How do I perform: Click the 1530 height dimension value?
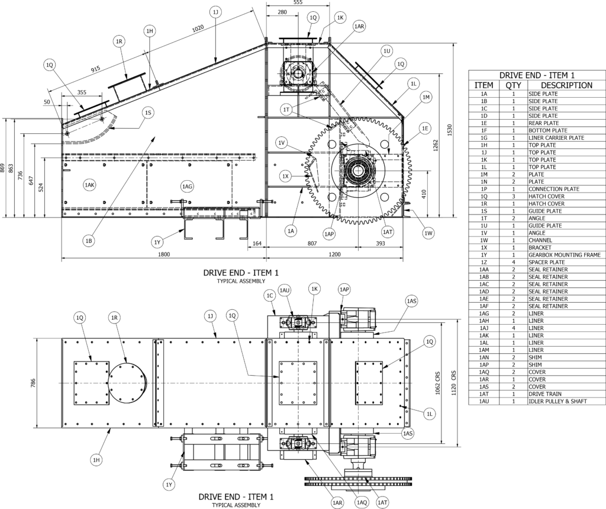[449, 130]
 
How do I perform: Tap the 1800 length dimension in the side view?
[165, 254]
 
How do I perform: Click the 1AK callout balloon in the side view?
[89, 185]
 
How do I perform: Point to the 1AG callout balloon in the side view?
[187, 187]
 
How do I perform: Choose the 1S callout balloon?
[148, 113]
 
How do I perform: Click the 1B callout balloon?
[89, 241]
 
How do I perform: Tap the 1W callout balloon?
[428, 233]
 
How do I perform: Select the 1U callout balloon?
[387, 51]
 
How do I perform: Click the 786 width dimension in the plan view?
[33, 383]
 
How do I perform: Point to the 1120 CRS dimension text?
[454, 383]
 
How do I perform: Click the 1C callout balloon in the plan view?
[270, 296]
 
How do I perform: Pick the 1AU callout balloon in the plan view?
[285, 290]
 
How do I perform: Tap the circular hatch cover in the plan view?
[128, 383]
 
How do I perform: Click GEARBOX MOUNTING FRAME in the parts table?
[565, 255]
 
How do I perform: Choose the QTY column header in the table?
[513, 85]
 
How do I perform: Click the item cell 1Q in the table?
[484, 196]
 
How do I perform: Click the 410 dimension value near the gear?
[424, 194]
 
